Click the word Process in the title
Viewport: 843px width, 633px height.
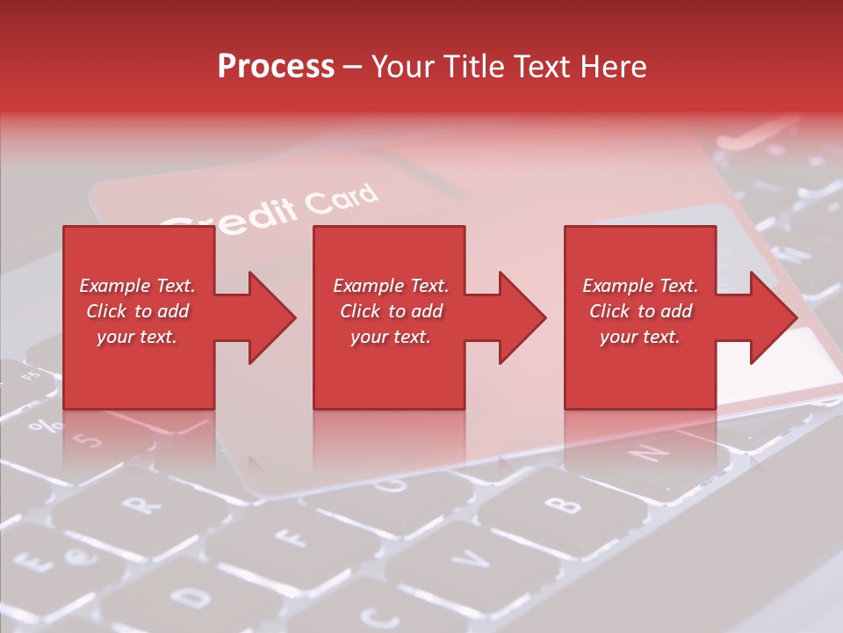[x=276, y=67]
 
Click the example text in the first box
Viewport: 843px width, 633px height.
[x=137, y=311]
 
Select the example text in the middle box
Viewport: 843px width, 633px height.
[x=390, y=311]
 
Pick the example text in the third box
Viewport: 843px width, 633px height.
[x=640, y=311]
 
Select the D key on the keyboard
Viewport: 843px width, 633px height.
[x=195, y=598]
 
